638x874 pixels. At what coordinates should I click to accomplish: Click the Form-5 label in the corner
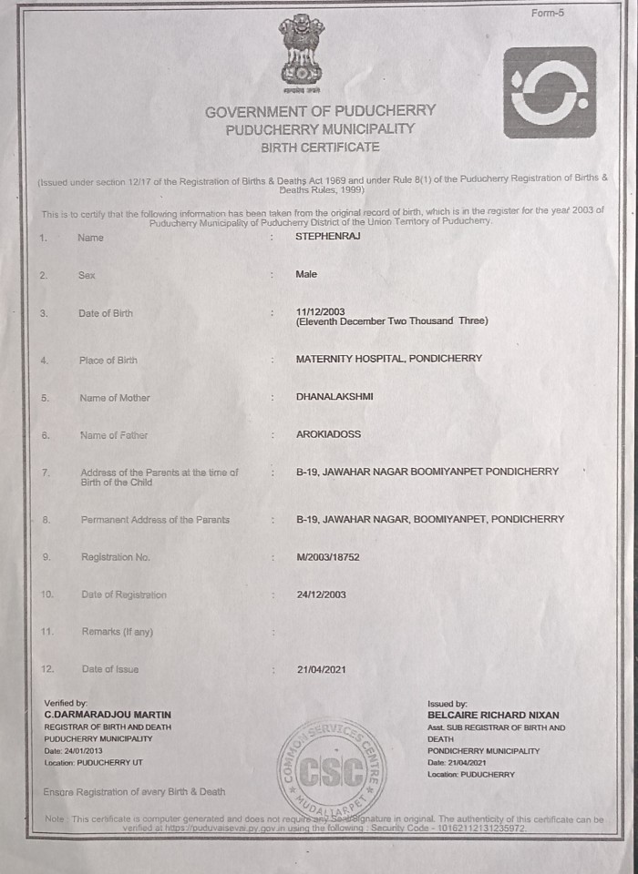point(549,13)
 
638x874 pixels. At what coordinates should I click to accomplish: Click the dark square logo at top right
point(549,92)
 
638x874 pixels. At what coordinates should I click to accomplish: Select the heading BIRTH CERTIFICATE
point(320,147)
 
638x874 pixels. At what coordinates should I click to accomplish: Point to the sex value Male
point(306,274)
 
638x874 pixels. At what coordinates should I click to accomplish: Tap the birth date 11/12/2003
point(320,311)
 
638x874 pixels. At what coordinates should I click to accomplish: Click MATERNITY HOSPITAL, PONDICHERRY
point(388,359)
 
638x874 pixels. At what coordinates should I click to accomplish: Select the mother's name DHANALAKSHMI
point(334,397)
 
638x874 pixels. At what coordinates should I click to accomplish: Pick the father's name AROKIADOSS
point(328,434)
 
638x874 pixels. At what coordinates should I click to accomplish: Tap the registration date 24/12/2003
point(321,594)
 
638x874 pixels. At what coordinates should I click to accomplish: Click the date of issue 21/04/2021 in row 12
point(321,669)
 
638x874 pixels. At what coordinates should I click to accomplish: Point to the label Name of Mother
point(115,398)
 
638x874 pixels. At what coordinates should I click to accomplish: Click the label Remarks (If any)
point(118,631)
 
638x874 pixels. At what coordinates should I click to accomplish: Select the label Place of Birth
point(108,361)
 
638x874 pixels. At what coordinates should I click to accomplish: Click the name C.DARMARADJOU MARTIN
point(108,715)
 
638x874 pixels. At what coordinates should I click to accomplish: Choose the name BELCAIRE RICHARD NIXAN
point(493,716)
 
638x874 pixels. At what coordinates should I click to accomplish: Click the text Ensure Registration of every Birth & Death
point(134,791)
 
